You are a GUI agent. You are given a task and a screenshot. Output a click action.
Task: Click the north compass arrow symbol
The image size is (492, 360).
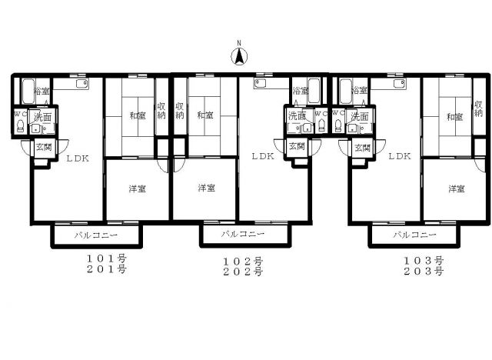(x=239, y=55)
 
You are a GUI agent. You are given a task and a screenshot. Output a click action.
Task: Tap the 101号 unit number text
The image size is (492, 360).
(x=106, y=258)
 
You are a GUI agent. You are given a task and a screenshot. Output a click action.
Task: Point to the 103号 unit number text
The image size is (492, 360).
(x=424, y=260)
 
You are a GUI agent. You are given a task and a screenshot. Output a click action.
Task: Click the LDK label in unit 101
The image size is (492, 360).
(x=77, y=158)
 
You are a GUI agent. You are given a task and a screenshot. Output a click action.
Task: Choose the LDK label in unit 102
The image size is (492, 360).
(x=264, y=155)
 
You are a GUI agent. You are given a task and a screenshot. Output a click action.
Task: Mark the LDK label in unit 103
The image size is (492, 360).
(x=400, y=155)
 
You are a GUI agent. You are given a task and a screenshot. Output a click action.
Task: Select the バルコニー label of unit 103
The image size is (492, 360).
(x=414, y=234)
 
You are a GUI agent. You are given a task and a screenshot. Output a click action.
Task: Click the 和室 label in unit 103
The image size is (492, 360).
(x=454, y=117)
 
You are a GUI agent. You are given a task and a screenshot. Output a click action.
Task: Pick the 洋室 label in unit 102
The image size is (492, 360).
(x=204, y=188)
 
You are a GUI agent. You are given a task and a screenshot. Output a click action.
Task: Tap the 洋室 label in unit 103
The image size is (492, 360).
(x=457, y=188)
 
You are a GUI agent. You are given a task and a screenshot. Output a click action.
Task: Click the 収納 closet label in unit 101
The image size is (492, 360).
(x=161, y=111)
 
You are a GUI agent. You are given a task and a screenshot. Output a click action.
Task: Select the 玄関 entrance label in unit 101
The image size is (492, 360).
(x=42, y=147)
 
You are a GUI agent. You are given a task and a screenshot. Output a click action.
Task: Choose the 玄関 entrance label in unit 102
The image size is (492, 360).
(x=296, y=145)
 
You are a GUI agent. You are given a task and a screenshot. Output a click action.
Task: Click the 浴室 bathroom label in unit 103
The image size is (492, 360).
(x=359, y=91)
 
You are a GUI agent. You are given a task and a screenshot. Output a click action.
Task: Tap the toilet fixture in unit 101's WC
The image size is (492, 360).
(x=20, y=127)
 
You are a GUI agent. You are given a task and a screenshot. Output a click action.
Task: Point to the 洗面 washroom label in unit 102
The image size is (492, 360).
(x=297, y=116)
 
